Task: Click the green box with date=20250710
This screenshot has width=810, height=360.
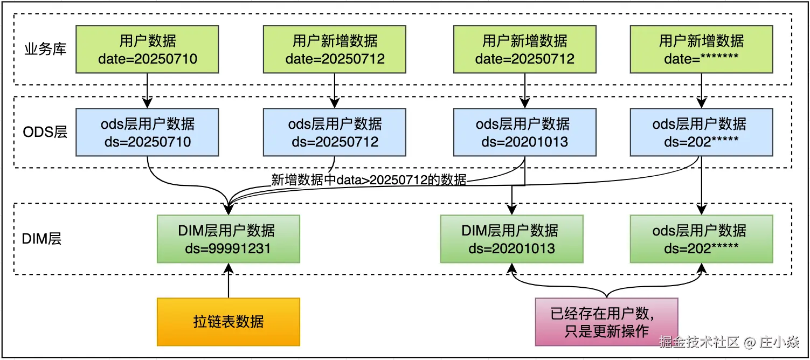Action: click(x=147, y=49)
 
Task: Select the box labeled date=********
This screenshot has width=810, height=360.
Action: click(x=702, y=49)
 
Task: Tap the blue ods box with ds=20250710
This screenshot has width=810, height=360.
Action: click(x=147, y=132)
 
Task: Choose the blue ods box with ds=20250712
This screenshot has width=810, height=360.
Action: click(x=335, y=132)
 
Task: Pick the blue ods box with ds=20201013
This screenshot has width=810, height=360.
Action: click(x=525, y=132)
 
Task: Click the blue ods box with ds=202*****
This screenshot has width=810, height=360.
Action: click(x=702, y=132)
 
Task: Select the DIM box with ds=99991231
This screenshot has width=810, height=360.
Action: click(x=229, y=239)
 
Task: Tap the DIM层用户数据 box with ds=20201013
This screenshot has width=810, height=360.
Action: click(x=511, y=239)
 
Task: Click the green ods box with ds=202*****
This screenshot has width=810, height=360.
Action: click(x=702, y=239)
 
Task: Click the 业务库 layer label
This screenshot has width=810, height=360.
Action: click(x=46, y=49)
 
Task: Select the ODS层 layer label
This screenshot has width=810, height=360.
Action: click(x=45, y=132)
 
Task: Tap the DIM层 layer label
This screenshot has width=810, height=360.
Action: click(x=41, y=239)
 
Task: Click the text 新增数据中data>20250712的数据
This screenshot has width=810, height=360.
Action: click(x=369, y=179)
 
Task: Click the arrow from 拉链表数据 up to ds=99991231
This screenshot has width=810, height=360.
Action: click(x=229, y=281)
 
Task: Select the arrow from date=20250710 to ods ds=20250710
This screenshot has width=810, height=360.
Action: click(x=147, y=91)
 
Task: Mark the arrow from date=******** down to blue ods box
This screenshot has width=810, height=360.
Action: click(x=702, y=91)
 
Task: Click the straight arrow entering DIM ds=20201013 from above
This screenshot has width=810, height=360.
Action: click(x=511, y=200)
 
